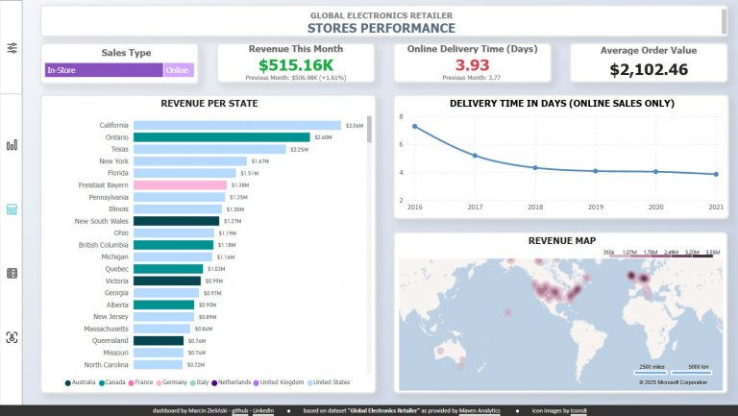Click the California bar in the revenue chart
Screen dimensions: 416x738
[236, 125]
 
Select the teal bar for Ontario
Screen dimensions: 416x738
[221, 137]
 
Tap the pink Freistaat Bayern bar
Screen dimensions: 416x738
[180, 184]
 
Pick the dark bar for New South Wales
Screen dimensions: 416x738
[176, 221]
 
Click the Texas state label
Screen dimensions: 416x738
[119, 149]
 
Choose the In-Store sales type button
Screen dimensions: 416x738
[103, 70]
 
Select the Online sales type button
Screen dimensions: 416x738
[178, 70]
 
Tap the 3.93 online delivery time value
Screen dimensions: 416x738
[472, 65]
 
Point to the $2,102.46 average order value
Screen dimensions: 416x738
[649, 69]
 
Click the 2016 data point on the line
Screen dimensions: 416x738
[415, 126]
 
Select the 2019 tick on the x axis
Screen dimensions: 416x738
[596, 207]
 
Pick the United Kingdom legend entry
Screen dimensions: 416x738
[279, 382]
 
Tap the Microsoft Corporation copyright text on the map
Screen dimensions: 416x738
[673, 382]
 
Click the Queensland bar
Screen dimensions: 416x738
[159, 340]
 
